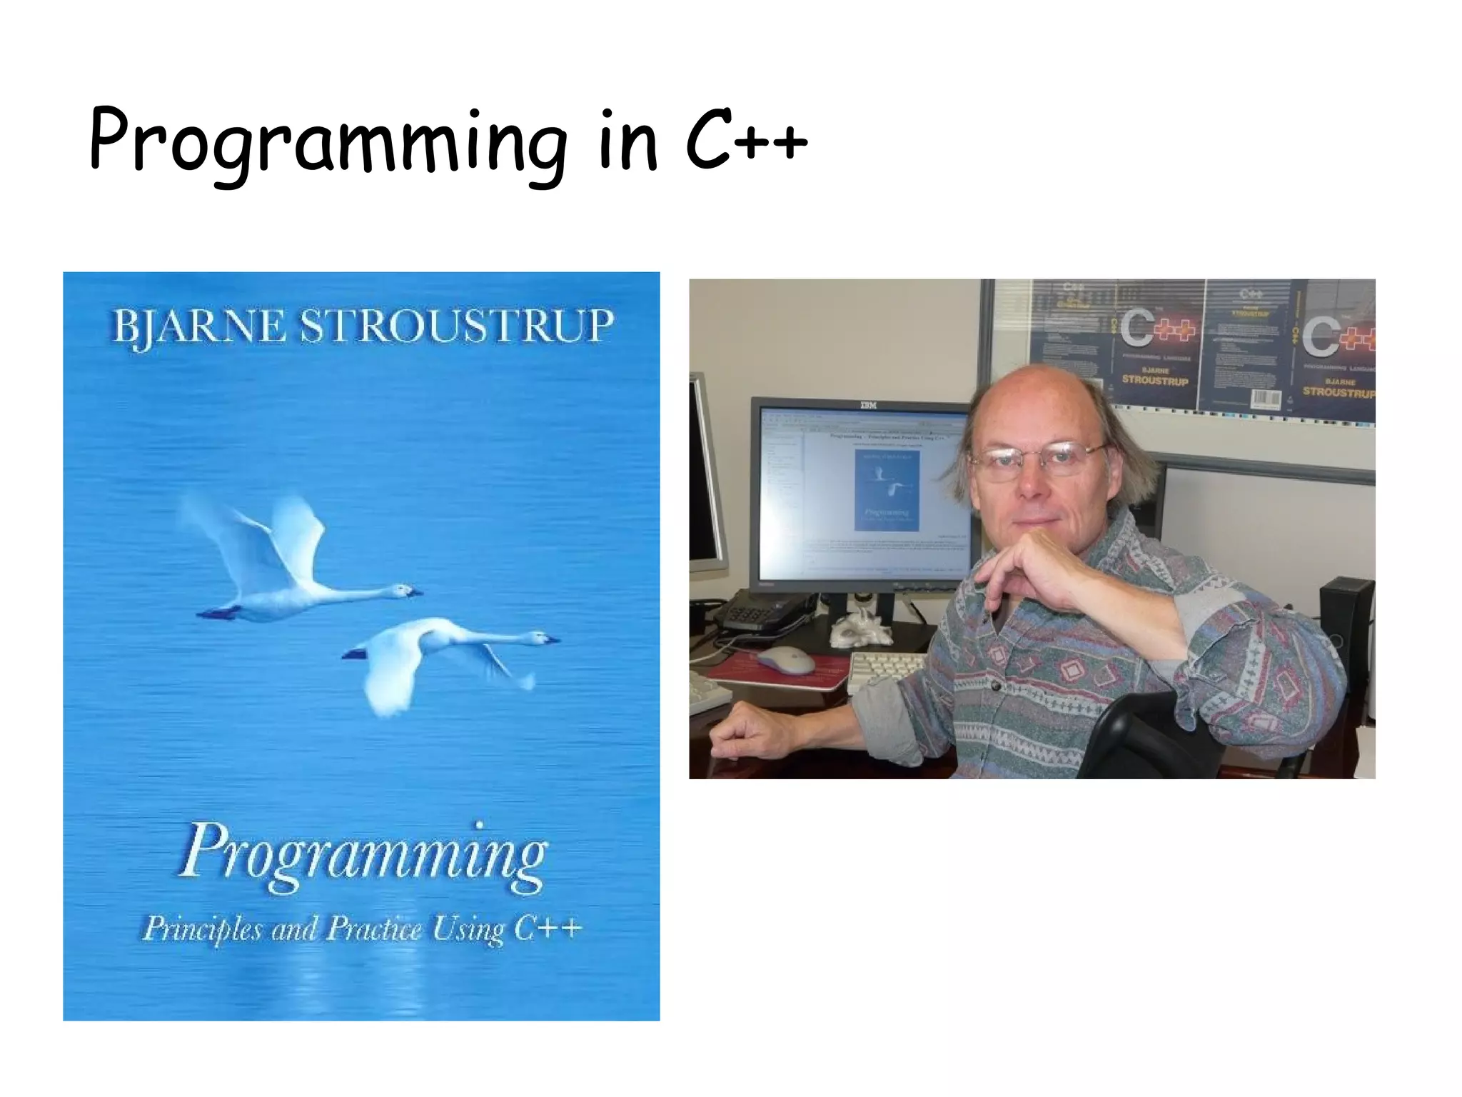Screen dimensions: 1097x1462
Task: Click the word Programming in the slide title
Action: pyautogui.click(x=328, y=143)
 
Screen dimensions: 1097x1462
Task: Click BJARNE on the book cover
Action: pyautogui.click(x=198, y=327)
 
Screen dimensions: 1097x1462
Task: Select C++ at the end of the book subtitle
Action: pyautogui.click(x=548, y=928)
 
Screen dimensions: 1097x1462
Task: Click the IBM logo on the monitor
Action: pyautogui.click(x=867, y=406)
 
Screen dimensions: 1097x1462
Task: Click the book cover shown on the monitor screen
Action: pyautogui.click(x=887, y=490)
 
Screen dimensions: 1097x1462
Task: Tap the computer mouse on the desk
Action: pyautogui.click(x=785, y=660)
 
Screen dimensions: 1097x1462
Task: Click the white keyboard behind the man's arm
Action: pyautogui.click(x=885, y=671)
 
